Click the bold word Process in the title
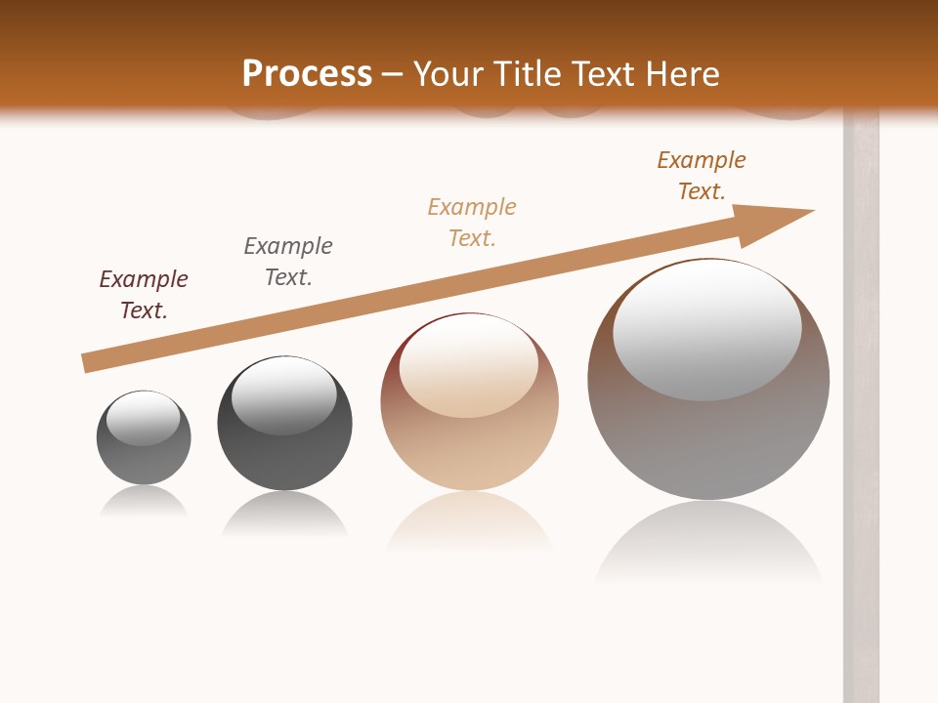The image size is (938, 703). [307, 74]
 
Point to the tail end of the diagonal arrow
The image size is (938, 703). [86, 363]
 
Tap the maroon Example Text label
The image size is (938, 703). [144, 295]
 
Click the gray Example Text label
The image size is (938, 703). [288, 262]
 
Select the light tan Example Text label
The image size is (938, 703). [472, 223]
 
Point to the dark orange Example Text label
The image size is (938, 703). [702, 176]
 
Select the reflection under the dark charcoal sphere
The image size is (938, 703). [284, 514]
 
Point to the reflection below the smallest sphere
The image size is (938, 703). [144, 502]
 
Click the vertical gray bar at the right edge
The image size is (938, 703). [861, 410]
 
